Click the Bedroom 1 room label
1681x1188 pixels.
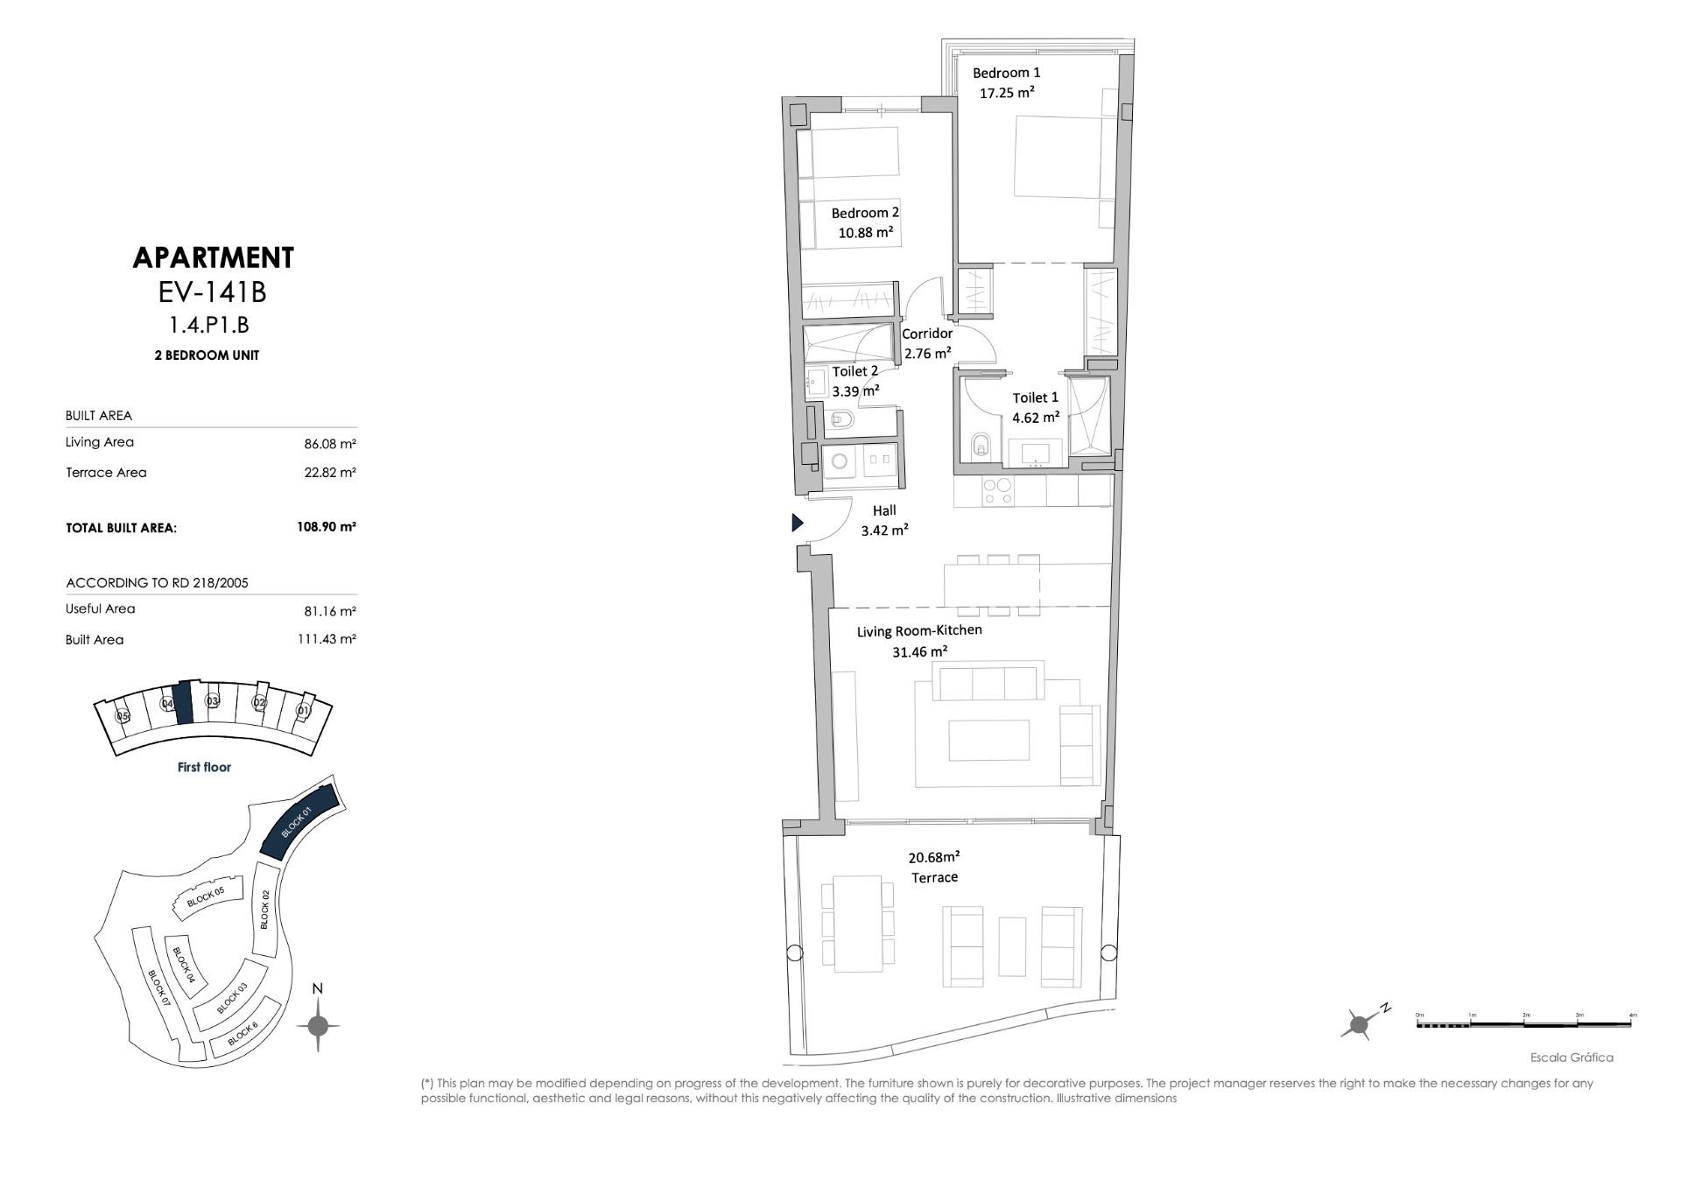click(x=1006, y=73)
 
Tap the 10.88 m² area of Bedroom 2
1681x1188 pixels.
click(x=865, y=233)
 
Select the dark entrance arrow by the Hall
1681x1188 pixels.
click(x=797, y=523)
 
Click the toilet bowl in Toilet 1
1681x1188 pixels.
click(x=981, y=446)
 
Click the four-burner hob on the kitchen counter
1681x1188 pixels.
click(x=997, y=492)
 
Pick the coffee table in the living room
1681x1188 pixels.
click(x=988, y=741)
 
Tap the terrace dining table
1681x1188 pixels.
click(x=857, y=924)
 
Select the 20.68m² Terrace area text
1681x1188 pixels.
click(x=933, y=857)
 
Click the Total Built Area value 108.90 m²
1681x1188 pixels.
click(x=326, y=527)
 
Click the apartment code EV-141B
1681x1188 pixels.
click(x=212, y=292)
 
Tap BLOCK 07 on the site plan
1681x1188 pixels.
click(x=158, y=988)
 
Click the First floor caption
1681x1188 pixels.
click(x=204, y=767)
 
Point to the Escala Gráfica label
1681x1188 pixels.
click(x=1571, y=1058)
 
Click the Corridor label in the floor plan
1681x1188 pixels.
click(x=926, y=334)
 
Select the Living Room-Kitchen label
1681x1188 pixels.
click(x=918, y=630)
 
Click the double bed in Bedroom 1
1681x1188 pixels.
click(x=1056, y=158)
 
